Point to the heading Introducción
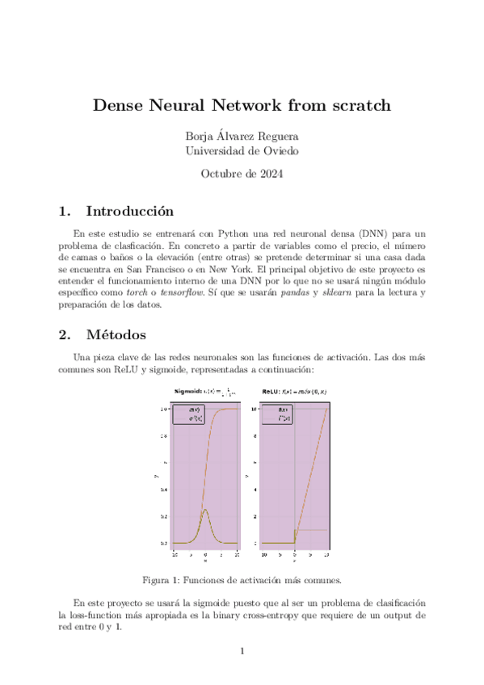[x=130, y=212]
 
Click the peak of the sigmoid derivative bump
[x=206, y=510]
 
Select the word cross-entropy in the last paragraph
[x=308, y=615]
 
